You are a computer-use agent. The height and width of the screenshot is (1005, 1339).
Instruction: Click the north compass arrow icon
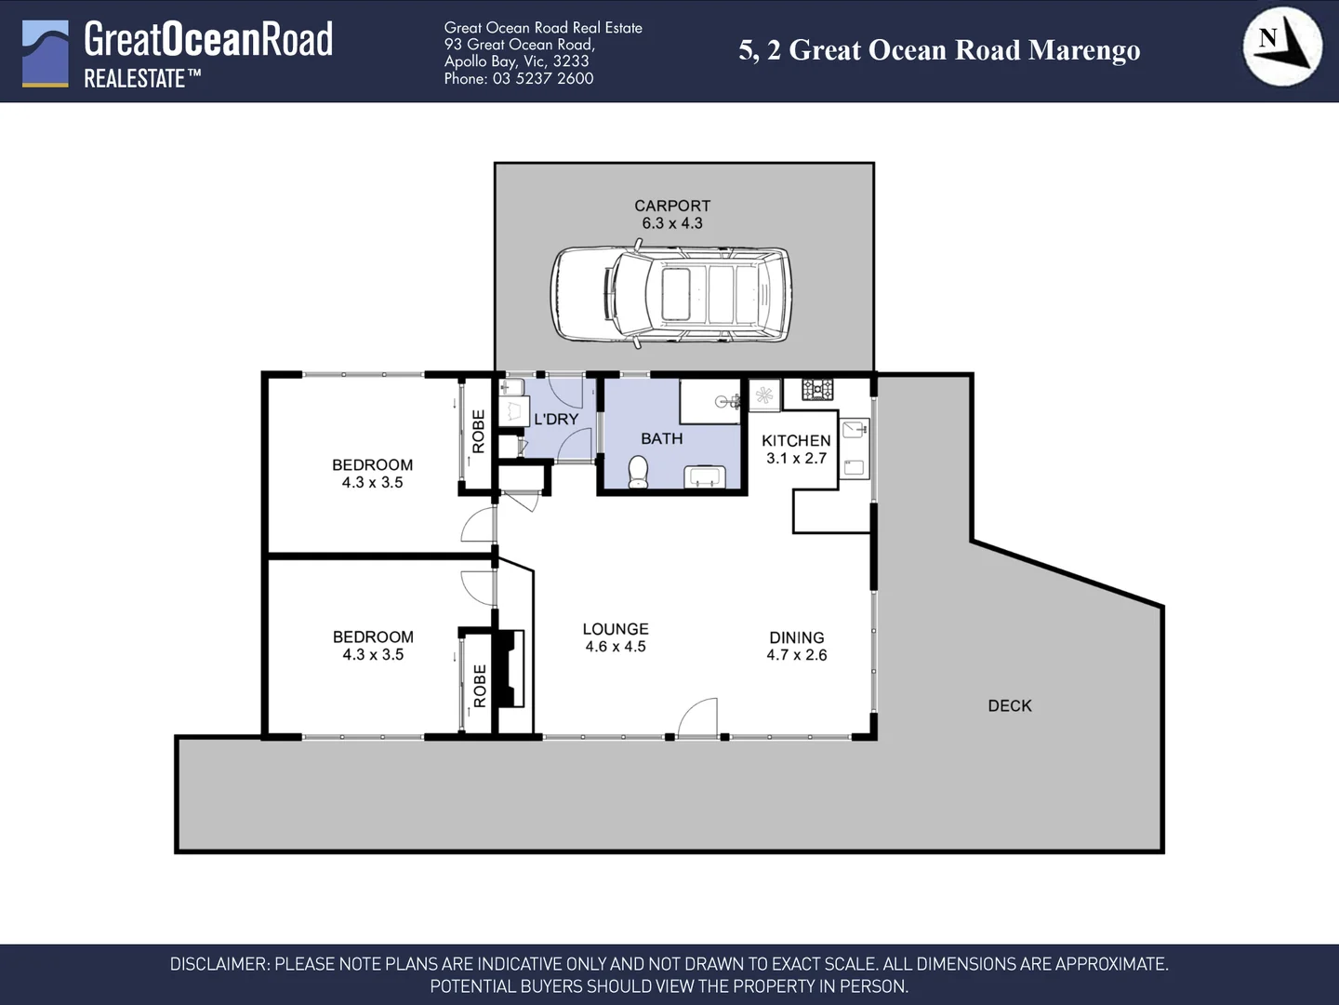[x=1282, y=47]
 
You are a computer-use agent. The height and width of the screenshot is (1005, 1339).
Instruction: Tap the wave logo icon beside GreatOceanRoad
[x=46, y=54]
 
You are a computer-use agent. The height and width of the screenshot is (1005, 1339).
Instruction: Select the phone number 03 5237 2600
[x=543, y=79]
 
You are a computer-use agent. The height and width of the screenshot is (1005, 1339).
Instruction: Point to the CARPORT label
[x=672, y=206]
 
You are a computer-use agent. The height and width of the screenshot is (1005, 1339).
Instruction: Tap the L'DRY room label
[x=556, y=420]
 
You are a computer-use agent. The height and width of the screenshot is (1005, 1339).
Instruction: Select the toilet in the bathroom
[x=638, y=472]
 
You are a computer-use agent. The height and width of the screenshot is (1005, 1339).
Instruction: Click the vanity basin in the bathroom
[x=704, y=477]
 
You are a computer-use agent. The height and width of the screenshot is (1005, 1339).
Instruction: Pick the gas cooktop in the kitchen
[x=817, y=389]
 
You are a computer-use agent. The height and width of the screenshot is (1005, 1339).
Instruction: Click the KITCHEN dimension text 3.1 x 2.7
[x=796, y=459]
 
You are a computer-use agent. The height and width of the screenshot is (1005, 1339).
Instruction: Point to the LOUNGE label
[x=616, y=629]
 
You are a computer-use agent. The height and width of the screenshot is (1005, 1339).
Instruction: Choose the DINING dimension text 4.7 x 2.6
[x=797, y=655]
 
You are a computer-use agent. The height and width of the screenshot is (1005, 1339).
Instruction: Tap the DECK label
[x=1010, y=706]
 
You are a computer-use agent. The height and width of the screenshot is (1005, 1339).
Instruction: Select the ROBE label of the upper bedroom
[x=479, y=432]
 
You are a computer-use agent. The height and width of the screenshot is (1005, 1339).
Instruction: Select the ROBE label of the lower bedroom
[x=480, y=686]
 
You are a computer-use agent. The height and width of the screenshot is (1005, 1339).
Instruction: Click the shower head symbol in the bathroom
[x=728, y=402]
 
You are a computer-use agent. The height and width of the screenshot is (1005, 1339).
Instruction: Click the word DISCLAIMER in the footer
[x=219, y=965]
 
